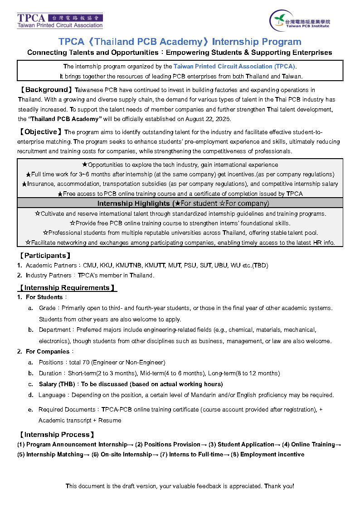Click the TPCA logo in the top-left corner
(x=60, y=20)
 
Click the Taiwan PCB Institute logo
(x=300, y=20)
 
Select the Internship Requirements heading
(x=67, y=288)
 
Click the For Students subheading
(x=44, y=297)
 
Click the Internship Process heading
(x=56, y=435)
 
